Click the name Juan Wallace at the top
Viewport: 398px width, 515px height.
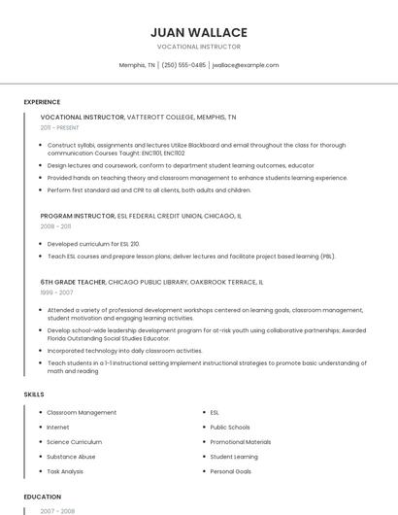199,32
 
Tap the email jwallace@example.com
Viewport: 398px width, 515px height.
245,65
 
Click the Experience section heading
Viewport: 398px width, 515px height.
42,102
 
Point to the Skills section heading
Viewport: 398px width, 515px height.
34,395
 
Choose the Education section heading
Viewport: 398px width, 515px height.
42,497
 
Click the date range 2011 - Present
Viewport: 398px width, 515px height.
60,127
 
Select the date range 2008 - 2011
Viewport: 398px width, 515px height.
55,225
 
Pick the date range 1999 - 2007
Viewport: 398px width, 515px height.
56,292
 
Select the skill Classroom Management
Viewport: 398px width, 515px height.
82,413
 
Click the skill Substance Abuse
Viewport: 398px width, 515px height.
71,457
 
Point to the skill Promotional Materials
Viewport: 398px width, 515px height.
241,442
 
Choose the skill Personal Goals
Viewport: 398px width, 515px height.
231,471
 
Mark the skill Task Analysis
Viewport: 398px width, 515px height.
65,471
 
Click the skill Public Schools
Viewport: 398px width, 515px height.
230,428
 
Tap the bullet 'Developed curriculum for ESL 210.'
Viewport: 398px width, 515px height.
93,244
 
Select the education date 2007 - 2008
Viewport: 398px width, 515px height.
56,510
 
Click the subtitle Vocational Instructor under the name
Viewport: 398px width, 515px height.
199,47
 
